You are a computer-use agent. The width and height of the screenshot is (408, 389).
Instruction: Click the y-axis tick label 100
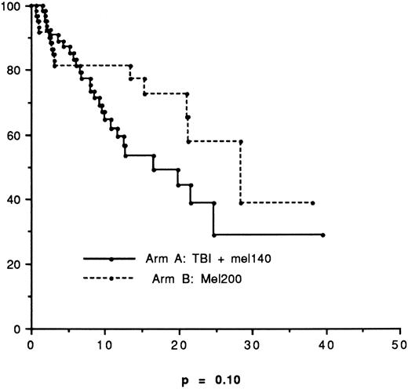click(13, 5)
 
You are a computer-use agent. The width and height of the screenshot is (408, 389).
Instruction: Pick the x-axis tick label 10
click(104, 344)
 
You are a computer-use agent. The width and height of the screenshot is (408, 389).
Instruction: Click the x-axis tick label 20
click(178, 344)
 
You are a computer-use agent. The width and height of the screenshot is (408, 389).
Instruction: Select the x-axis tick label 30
click(252, 344)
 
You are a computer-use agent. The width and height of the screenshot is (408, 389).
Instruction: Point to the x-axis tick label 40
click(326, 344)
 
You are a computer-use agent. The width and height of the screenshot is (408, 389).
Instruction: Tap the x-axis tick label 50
click(399, 344)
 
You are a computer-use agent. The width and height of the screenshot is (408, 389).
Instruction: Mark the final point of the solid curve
click(323, 234)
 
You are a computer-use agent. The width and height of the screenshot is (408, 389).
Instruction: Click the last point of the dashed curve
click(313, 203)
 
